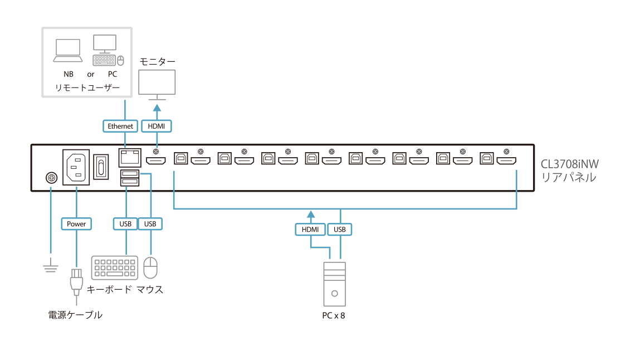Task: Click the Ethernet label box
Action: (120, 127)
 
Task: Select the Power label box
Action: (76, 224)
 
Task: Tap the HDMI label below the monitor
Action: (157, 127)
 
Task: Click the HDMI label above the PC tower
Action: (310, 229)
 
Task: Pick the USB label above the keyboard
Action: (125, 224)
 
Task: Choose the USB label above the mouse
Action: (150, 224)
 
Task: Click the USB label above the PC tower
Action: (340, 229)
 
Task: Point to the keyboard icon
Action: (115, 267)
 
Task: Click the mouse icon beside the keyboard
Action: (150, 268)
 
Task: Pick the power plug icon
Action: (76, 282)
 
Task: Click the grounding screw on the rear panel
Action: (51, 178)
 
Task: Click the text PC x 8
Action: (335, 315)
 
